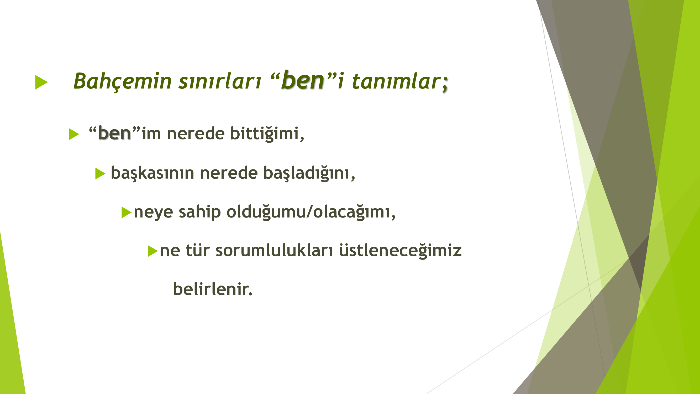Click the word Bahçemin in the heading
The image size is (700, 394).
pos(123,81)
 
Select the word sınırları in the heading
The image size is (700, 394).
pos(220,81)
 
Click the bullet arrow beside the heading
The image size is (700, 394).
pos(41,82)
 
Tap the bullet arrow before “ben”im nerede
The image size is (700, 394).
pos(74,134)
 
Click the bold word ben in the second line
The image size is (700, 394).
pos(114,133)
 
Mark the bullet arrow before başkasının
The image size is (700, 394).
pos(100,173)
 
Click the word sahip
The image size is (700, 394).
pos(200,212)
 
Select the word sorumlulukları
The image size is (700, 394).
pos(274,250)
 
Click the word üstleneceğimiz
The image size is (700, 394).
pos(400,250)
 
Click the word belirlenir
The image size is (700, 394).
pos(213,289)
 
